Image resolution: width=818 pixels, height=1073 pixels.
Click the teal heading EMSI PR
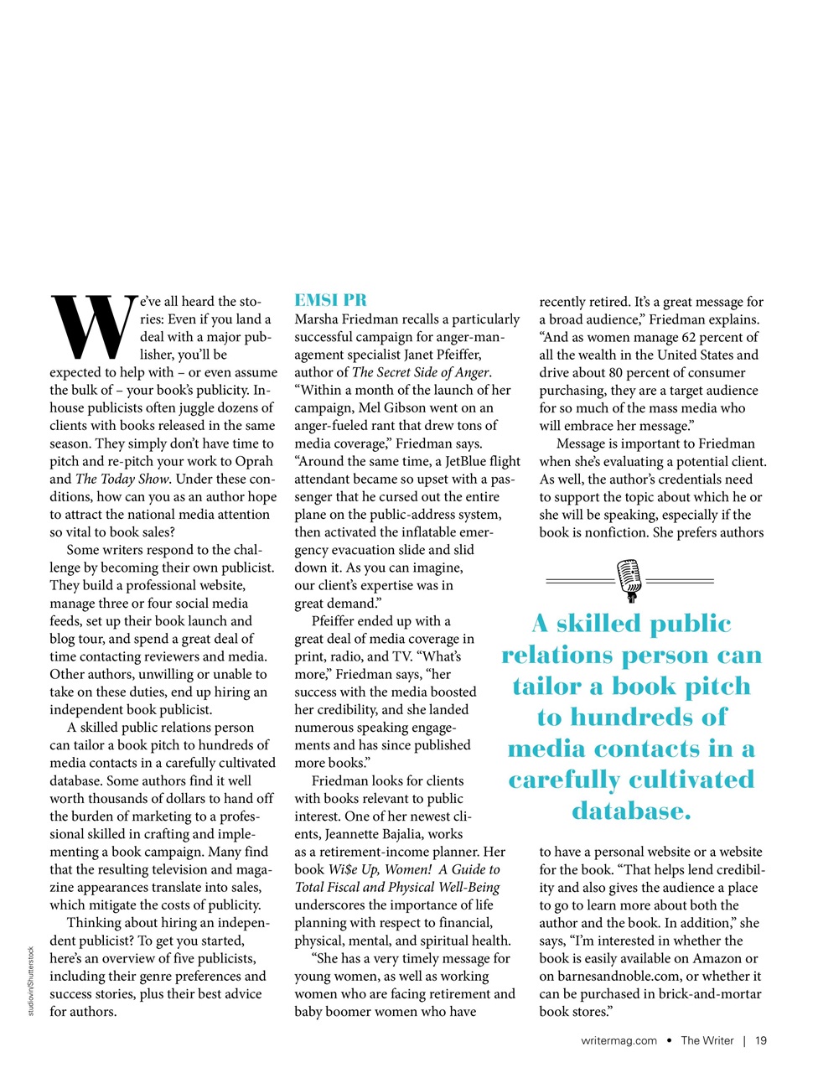(330, 300)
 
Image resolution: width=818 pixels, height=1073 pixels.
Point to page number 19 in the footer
(761, 1040)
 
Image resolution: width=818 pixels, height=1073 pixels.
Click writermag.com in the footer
(619, 1040)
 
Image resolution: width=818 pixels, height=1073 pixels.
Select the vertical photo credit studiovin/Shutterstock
(31, 981)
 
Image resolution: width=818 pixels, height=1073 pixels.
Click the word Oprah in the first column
(253, 461)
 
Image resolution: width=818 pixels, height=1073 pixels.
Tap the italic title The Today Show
(122, 479)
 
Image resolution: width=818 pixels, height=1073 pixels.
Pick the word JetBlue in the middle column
(465, 461)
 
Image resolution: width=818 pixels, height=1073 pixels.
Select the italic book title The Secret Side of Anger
(421, 372)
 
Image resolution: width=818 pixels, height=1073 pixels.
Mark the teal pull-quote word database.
(630, 811)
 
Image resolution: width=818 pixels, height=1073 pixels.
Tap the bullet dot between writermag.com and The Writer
(669, 1040)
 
